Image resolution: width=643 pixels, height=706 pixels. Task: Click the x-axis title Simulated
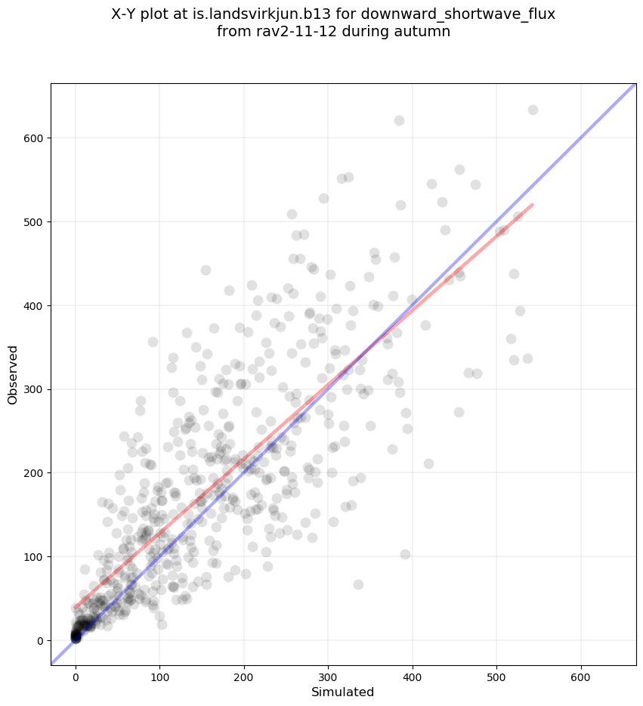point(343,692)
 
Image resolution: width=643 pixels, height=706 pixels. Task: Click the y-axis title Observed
point(13,374)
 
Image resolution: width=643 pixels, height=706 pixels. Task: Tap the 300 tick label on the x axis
point(329,669)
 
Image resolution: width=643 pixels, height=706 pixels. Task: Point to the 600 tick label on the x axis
point(581,669)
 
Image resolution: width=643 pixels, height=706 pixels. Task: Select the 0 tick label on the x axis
point(76,669)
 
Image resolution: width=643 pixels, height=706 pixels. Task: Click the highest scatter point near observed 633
point(533,110)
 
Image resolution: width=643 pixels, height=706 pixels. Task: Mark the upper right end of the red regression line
point(533,204)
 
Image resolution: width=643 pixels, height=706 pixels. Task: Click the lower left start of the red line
point(76,608)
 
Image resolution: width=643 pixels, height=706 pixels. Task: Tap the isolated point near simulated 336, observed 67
point(358,584)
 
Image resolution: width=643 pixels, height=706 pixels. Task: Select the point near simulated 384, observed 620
point(399,120)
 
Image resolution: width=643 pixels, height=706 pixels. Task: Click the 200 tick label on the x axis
point(244,669)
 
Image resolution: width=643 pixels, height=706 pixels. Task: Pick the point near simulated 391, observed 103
point(405,554)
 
